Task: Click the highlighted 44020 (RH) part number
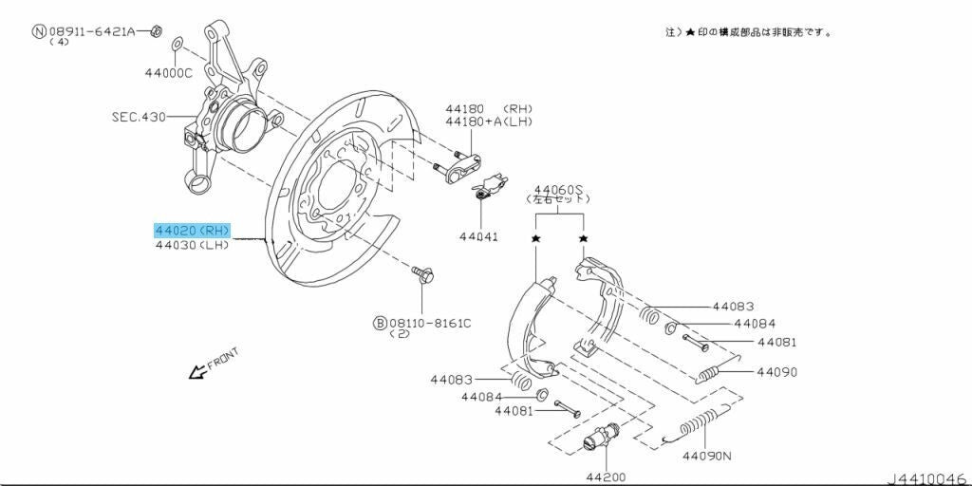click(192, 230)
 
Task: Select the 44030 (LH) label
click(192, 245)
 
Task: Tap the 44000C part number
click(169, 72)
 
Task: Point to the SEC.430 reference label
click(139, 117)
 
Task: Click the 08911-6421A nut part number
click(98, 31)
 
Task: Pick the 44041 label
click(479, 236)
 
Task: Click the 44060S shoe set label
click(558, 188)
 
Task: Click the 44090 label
click(777, 372)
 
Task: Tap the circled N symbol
click(39, 31)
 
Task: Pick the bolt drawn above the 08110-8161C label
click(422, 275)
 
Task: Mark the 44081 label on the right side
click(777, 342)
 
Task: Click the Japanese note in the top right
click(750, 31)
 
